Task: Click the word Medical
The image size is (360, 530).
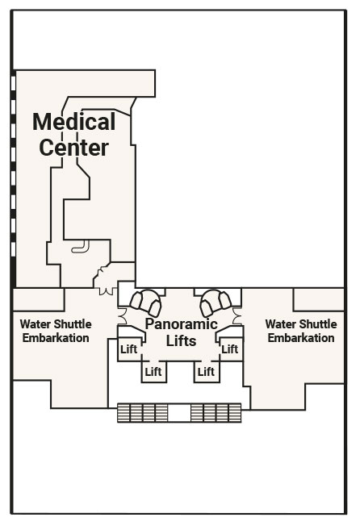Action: click(73, 122)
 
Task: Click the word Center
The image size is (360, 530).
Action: click(73, 148)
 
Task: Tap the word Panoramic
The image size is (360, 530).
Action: click(181, 323)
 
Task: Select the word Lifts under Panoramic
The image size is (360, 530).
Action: click(181, 340)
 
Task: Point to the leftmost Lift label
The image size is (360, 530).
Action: click(129, 348)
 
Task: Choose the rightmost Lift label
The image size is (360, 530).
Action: click(230, 348)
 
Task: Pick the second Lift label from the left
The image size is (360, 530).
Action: click(153, 372)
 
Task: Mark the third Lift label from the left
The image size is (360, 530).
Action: click(206, 372)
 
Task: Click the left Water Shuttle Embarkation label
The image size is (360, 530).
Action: click(56, 331)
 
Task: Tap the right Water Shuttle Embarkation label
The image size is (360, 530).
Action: click(301, 331)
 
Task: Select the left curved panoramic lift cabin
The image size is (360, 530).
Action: click(146, 302)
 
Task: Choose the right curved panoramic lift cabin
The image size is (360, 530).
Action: click(216, 302)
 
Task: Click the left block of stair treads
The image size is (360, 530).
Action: click(142, 413)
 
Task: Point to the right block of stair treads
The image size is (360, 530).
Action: click(216, 413)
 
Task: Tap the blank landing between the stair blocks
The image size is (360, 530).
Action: click(179, 413)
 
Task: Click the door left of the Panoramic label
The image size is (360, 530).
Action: click(123, 316)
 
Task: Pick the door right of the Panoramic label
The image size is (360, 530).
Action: click(237, 316)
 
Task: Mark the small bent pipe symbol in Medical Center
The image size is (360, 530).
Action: click(81, 247)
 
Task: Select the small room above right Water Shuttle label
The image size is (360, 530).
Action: click(319, 299)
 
